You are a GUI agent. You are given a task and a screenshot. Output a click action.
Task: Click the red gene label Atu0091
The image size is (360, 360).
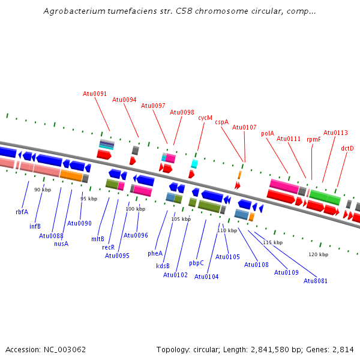click(x=95, y=94)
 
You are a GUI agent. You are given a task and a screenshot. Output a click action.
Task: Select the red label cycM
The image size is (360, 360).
click(x=205, y=118)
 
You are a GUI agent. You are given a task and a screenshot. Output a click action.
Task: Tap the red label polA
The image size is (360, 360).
click(x=268, y=134)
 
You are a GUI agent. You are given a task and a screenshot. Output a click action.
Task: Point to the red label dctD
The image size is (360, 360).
click(x=347, y=148)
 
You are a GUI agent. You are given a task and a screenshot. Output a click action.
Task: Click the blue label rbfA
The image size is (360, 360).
click(x=22, y=212)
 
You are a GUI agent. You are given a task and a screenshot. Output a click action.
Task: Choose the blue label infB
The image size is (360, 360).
click(x=35, y=226)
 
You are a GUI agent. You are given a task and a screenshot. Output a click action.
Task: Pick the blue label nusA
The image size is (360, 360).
click(x=61, y=244)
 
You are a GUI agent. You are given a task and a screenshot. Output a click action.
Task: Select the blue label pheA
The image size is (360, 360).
click(x=155, y=253)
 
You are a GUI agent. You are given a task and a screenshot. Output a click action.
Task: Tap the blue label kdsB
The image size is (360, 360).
click(x=163, y=266)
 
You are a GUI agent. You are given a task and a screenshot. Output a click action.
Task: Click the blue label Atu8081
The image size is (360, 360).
click(x=316, y=281)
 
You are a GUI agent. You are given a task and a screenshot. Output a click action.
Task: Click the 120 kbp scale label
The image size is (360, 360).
click(x=319, y=254)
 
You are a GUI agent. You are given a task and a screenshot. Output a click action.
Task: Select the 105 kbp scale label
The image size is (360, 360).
click(x=181, y=219)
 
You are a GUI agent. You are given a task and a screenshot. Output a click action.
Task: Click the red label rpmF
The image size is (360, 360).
click(x=314, y=139)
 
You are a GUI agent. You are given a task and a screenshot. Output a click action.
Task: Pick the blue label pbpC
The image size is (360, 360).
click(x=196, y=263)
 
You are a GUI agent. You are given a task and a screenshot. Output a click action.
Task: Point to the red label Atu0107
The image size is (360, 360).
click(x=244, y=127)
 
